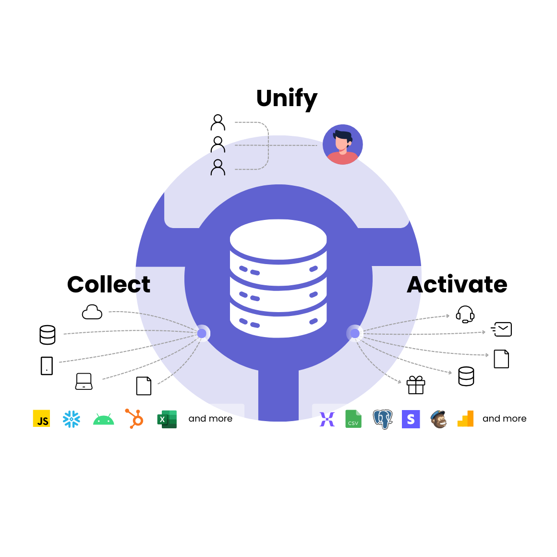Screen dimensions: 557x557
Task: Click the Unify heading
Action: [287, 98]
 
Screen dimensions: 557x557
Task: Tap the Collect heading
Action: [109, 284]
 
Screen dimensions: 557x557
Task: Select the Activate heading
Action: [457, 284]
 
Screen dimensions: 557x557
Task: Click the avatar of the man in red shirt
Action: [342, 145]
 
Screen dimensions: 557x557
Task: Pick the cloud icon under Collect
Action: [92, 312]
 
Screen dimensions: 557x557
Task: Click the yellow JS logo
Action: [41, 419]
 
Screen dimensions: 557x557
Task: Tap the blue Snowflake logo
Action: [72, 419]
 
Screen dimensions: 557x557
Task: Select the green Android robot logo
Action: [103, 419]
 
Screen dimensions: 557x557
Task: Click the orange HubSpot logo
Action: [134, 419]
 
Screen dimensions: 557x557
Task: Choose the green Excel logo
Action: [167, 419]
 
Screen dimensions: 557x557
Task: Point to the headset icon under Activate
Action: [465, 315]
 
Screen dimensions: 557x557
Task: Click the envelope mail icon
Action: [502, 329]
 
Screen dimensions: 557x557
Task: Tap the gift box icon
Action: [416, 385]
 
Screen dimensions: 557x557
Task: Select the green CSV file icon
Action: [353, 419]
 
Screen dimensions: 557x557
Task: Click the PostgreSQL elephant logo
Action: [383, 419]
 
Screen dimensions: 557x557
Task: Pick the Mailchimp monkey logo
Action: [438, 419]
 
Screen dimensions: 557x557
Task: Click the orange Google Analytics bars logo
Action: [466, 419]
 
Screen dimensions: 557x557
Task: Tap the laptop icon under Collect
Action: [84, 381]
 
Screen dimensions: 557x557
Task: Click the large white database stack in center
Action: [278, 278]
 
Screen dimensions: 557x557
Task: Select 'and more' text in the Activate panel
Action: [504, 419]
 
